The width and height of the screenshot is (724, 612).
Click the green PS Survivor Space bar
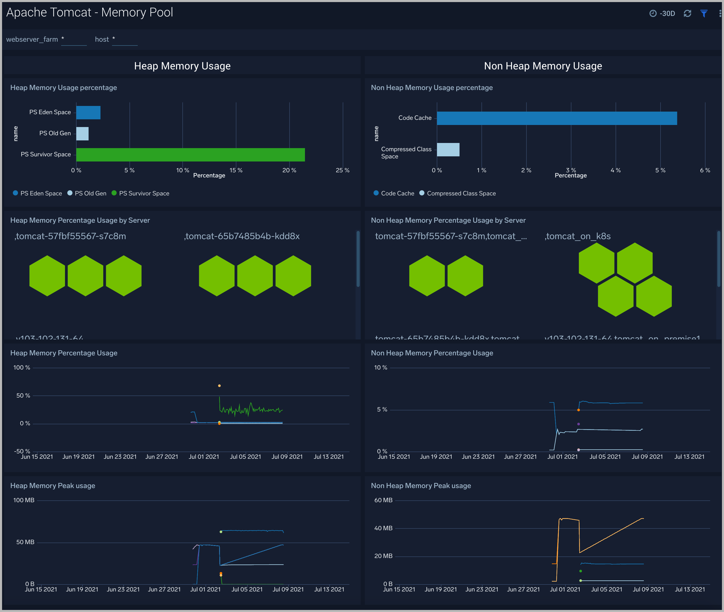190,155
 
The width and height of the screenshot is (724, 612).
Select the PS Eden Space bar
88,113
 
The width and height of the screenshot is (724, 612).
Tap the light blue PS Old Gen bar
82,133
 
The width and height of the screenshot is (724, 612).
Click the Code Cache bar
556,118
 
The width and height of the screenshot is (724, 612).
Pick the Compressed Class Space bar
448,150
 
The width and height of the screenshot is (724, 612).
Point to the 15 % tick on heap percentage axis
236,170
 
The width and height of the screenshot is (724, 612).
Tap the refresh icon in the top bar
687,14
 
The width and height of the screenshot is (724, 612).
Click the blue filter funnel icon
703,14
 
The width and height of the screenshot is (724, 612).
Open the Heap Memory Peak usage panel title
53,486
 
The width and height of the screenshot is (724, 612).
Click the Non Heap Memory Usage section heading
543,66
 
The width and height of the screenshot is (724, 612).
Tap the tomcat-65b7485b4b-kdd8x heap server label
242,236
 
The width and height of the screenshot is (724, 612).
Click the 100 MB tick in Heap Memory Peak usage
24,500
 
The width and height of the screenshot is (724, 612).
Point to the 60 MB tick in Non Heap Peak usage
383,500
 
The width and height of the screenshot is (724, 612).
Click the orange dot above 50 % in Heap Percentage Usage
219,386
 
